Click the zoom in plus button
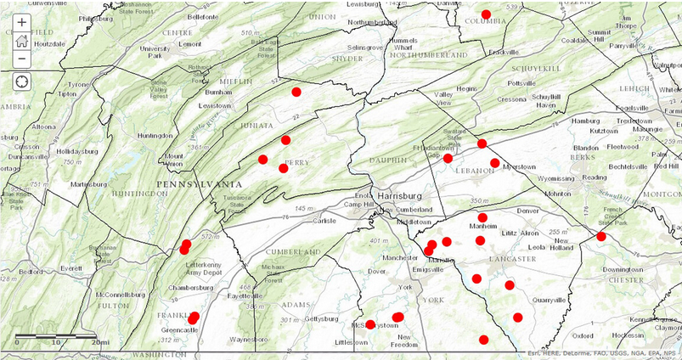pyautogui.click(x=21, y=23)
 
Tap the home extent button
pyautogui.click(x=21, y=41)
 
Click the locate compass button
pyautogui.click(x=21, y=82)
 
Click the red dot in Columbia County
pyautogui.click(x=487, y=14)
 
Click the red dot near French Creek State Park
pyautogui.click(x=601, y=236)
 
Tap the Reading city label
pyautogui.click(x=594, y=177)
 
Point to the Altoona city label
pyautogui.click(x=43, y=127)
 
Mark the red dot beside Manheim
pyautogui.click(x=482, y=217)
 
